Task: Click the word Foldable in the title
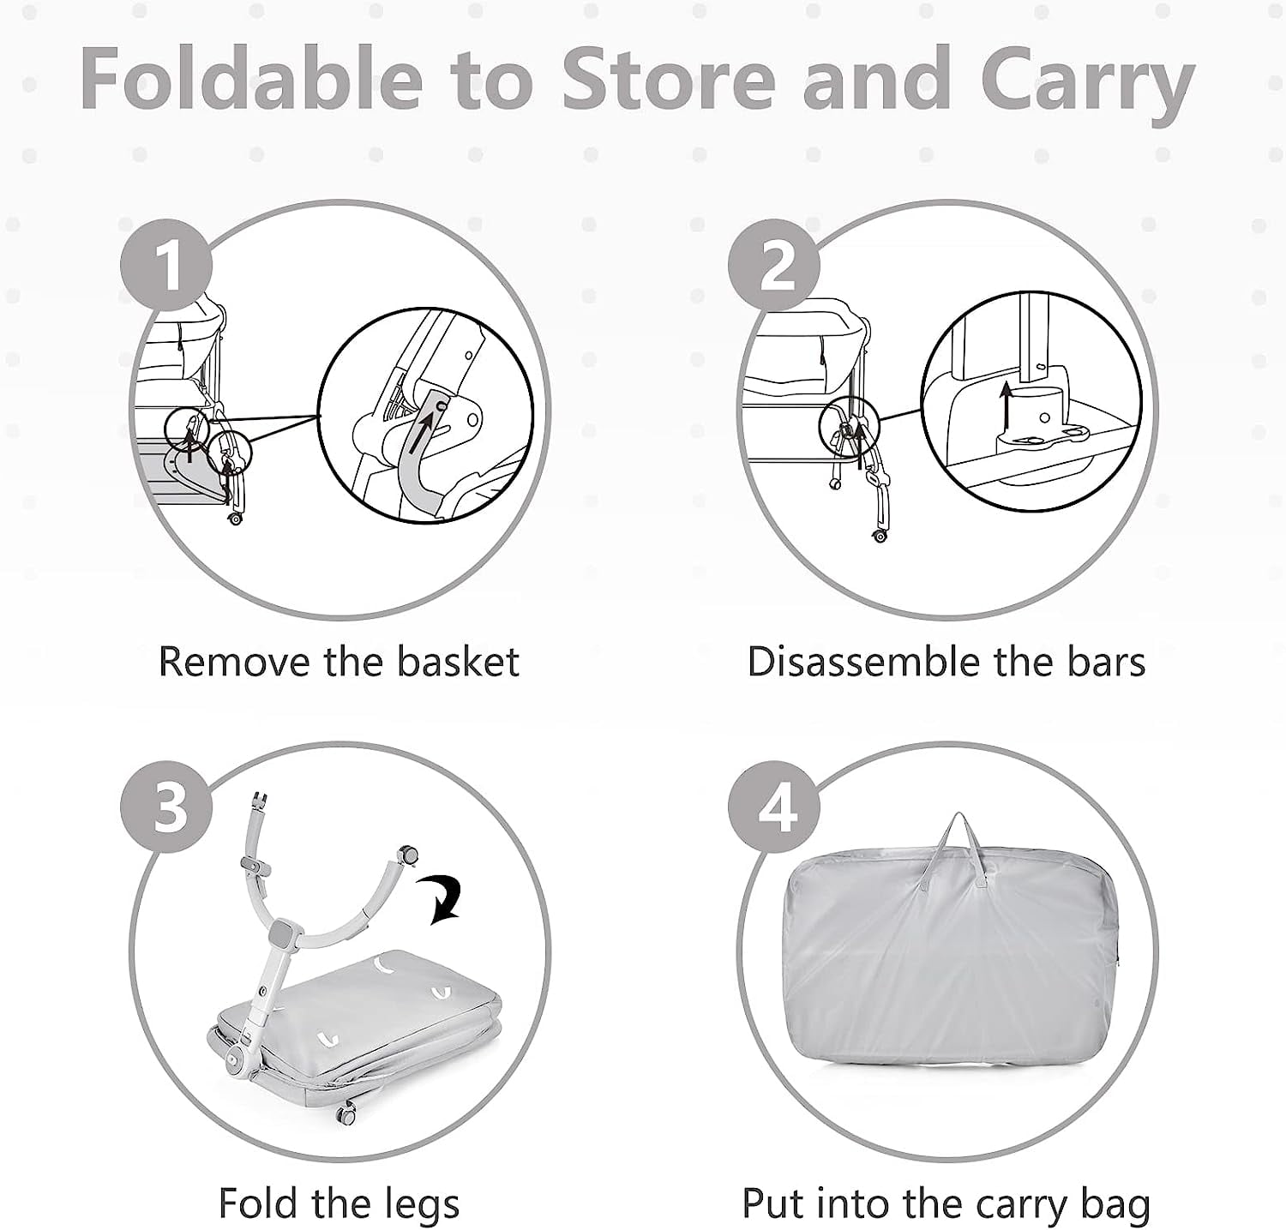tap(252, 78)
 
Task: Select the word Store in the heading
tap(669, 80)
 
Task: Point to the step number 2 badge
tap(774, 267)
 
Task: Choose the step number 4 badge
tap(774, 807)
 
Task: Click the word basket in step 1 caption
tap(458, 663)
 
